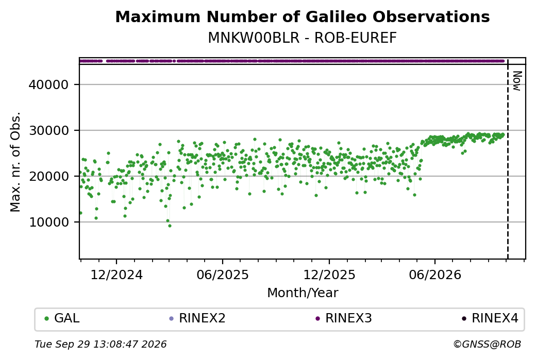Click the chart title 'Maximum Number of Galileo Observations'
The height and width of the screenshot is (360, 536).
(303, 16)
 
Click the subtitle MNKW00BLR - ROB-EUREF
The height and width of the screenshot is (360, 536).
(303, 38)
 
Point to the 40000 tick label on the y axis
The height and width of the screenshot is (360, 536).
(49, 84)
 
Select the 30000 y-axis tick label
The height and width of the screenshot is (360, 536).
(49, 130)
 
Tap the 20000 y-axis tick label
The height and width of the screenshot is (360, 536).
(49, 176)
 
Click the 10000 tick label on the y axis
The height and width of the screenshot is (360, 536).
(49, 222)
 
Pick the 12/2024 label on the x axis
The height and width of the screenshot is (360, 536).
(116, 275)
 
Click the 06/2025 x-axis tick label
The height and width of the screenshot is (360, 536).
(223, 275)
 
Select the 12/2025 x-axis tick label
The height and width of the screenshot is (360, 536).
(329, 275)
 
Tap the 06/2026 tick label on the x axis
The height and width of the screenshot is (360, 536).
(435, 275)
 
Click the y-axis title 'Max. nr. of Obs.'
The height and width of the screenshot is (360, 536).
(15, 162)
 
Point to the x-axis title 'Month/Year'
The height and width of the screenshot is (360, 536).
(303, 293)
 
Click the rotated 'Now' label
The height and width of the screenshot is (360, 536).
(517, 81)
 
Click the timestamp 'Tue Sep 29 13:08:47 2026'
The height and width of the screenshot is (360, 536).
(100, 344)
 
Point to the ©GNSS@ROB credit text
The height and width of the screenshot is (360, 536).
(488, 344)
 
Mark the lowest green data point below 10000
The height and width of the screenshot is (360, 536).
(170, 226)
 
